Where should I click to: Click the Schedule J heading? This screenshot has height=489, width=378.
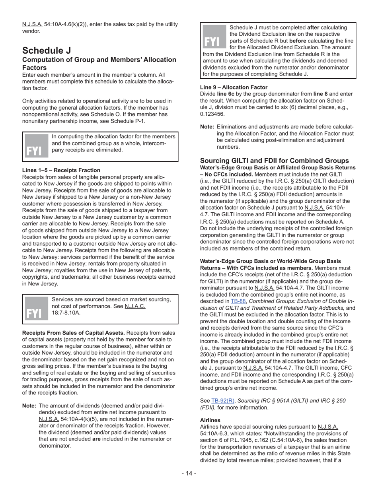[x=47, y=50]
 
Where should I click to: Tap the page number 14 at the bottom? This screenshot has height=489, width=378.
[x=189, y=473]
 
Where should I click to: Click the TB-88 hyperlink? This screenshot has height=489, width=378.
[x=238, y=301]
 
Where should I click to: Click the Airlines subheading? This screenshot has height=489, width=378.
[x=210, y=420]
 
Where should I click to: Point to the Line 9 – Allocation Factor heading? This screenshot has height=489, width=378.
[x=234, y=87]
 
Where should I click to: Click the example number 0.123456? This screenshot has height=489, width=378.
[x=212, y=114]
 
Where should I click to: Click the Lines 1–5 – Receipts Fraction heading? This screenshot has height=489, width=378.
[x=61, y=170]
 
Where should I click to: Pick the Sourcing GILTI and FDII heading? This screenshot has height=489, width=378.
[x=274, y=161]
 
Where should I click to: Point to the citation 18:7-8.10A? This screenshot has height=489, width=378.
[x=66, y=312]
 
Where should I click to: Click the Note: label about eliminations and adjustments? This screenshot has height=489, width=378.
[x=207, y=127]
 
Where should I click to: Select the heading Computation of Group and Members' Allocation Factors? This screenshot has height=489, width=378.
[x=99, y=64]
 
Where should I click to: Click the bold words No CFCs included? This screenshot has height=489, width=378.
[x=229, y=174]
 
